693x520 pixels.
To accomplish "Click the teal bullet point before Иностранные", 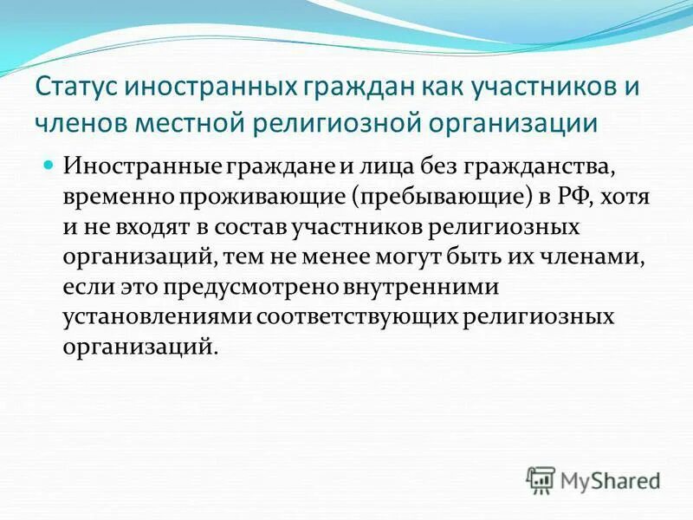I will coord(49,164).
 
